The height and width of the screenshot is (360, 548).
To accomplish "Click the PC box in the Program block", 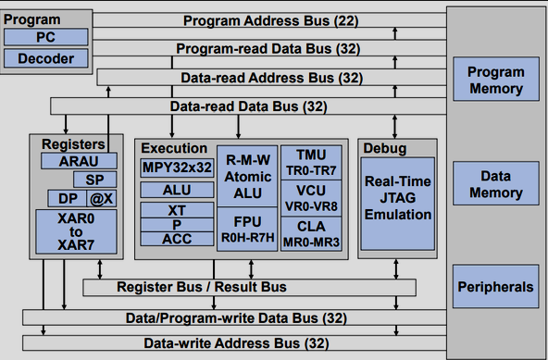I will [46, 37].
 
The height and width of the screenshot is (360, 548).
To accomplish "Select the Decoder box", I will [46, 58].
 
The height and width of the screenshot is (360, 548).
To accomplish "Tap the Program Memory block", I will [495, 80].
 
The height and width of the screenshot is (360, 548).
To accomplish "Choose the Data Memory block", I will [495, 183].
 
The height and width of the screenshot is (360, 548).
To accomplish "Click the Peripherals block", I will [495, 286].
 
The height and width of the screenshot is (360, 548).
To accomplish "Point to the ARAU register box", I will [79, 161].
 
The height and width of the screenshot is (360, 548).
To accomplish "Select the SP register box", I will [94, 180].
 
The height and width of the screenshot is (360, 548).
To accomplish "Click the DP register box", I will [67, 198].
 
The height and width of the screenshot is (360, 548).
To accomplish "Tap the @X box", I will [102, 198].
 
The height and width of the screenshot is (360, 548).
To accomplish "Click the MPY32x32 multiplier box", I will [177, 168].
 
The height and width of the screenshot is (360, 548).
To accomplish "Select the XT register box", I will [177, 210].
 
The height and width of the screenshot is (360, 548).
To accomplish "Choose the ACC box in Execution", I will [177, 240].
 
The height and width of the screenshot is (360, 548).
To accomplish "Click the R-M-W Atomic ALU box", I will [246, 176].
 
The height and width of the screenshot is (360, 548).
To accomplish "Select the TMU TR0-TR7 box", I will [310, 162].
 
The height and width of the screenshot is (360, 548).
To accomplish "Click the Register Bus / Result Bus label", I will [201, 287].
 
